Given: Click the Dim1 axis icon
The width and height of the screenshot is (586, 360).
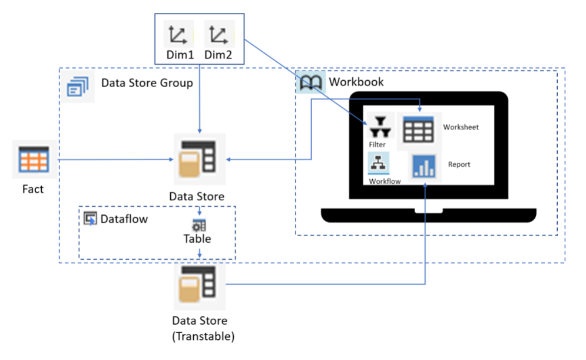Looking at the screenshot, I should click(x=177, y=35).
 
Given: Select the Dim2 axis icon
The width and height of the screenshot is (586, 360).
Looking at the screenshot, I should click(x=219, y=35).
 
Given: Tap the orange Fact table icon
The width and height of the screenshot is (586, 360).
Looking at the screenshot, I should click(x=35, y=159).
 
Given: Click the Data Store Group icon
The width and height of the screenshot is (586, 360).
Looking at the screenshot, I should click(x=78, y=87).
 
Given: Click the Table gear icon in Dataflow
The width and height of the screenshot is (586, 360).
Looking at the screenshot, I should click(x=199, y=226).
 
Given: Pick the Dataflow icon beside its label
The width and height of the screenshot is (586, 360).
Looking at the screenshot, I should click(x=91, y=219).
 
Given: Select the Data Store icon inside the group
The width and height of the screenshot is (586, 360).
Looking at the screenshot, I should click(x=199, y=159).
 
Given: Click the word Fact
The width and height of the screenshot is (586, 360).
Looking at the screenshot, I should click(x=33, y=190).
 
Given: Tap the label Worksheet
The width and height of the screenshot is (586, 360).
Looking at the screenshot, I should click(x=461, y=127).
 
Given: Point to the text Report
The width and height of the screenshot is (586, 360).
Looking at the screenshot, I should click(x=459, y=164).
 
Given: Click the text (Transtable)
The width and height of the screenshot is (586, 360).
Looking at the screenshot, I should click(x=200, y=336).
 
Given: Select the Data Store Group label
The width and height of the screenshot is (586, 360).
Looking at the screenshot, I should click(x=147, y=83).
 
